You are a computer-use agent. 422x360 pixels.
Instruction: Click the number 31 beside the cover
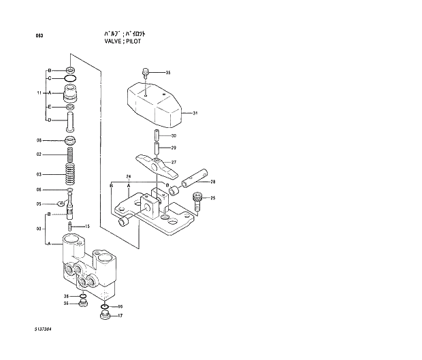tap(195, 113)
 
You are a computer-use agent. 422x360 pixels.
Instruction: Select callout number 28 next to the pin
tap(212, 182)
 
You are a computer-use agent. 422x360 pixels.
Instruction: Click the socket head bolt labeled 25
tap(197, 199)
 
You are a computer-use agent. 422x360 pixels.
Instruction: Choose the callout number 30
tap(174, 135)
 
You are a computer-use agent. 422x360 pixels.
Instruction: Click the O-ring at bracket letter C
tap(71, 79)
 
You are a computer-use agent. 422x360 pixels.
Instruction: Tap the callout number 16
tap(120, 308)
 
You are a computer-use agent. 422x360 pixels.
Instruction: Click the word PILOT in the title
tap(135, 41)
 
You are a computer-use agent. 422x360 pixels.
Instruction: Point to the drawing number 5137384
tap(42, 329)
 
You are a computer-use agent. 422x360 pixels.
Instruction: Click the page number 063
tap(39, 35)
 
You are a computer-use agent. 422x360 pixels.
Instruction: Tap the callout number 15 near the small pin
tap(87, 227)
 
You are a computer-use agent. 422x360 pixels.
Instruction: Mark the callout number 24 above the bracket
tap(128, 176)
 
